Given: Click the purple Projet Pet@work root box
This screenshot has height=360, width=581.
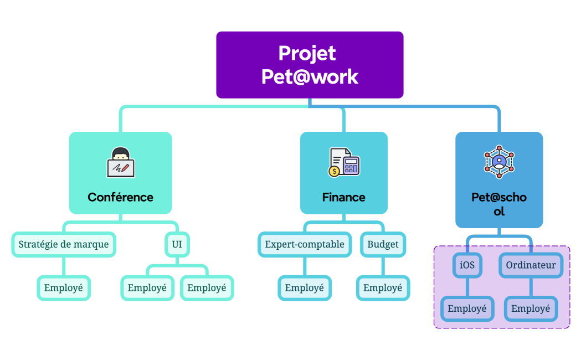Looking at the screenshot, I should coord(310,65).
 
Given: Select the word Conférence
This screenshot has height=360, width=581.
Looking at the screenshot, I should coord(120,197).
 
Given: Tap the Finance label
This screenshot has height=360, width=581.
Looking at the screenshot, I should coord(343,197).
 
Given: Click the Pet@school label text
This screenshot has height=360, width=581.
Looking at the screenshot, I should coord(499,204).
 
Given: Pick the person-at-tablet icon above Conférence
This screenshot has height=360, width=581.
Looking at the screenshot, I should coord(121,162).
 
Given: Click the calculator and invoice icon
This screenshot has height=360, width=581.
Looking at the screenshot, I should coord(344,162).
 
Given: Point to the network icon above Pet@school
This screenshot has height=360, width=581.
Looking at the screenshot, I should coord(499,162).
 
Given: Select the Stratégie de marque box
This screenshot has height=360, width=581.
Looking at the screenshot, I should coord(64,244).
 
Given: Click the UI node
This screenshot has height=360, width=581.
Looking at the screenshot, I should coord(177,244).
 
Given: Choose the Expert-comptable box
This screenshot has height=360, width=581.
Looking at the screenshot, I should coord(305,244).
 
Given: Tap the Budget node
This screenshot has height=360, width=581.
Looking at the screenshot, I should coord(383,244).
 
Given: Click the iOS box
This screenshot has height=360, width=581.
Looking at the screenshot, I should coord(467,265).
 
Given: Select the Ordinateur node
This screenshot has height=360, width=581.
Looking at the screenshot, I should coord(531,265).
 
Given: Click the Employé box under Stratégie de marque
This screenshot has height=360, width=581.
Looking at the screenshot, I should coord(64,288).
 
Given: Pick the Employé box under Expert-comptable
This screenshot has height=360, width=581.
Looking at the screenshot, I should coord(305,288).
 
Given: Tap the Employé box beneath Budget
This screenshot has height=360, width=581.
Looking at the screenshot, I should coord(383,288).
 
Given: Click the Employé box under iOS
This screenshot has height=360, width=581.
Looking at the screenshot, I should coord(467,308).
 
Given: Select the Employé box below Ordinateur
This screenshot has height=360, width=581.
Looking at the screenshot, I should coord(531,308).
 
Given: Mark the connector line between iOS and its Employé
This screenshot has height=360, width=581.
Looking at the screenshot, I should coord(467,287).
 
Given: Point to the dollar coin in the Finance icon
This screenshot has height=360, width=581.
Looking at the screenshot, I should coord(334,172).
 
